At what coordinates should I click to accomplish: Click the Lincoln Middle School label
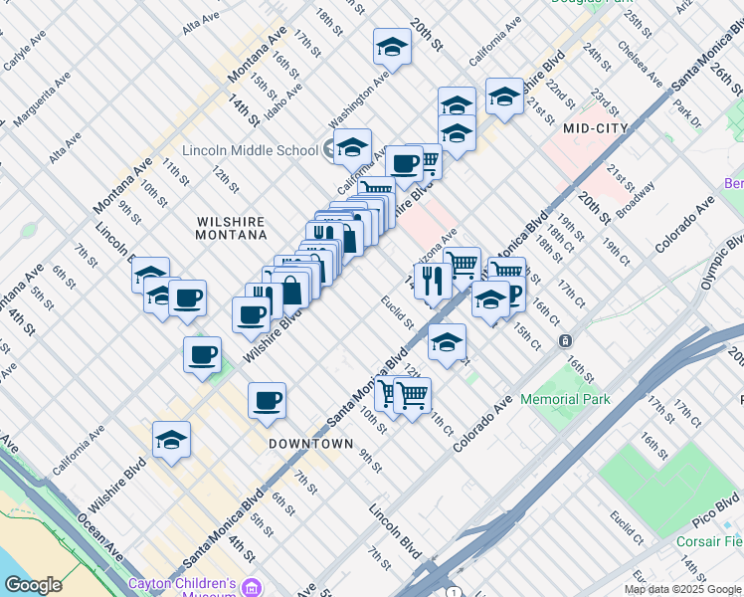tap(258, 150)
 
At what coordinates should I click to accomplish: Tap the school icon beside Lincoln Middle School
tap(331, 150)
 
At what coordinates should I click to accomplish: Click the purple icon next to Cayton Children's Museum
tap(255, 587)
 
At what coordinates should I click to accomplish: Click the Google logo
tap(33, 585)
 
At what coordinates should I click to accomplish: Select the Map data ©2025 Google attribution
tap(682, 589)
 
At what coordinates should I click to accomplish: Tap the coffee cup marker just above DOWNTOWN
tap(267, 401)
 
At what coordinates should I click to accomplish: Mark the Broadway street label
tap(635, 200)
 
